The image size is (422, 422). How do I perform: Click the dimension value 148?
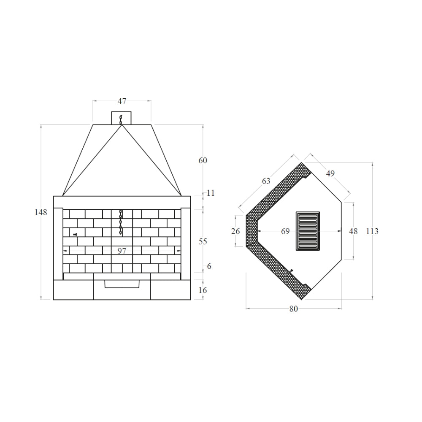click(41, 212)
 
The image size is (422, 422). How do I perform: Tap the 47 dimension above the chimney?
click(122, 101)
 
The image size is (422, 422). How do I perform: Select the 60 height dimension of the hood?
click(203, 160)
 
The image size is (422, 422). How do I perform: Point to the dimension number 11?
click(211, 193)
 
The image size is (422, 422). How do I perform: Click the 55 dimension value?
click(203, 241)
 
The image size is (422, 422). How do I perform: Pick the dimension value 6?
click(209, 266)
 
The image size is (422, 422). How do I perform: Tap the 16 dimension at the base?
click(203, 290)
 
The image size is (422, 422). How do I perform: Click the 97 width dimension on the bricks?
click(122, 251)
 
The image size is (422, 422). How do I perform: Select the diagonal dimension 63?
click(266, 181)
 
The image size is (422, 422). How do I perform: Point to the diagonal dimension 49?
click(330, 173)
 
